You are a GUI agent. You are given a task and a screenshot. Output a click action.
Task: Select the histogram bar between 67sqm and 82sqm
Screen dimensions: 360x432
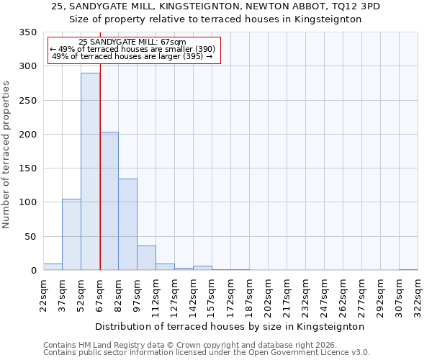click(x=109, y=202)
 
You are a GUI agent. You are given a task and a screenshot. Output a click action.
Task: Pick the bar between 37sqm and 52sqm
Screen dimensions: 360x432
click(x=71, y=235)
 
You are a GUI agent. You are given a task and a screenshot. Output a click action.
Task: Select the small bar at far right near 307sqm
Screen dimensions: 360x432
click(x=408, y=269)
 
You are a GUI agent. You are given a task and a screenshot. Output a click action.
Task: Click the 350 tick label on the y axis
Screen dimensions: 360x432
click(x=27, y=32)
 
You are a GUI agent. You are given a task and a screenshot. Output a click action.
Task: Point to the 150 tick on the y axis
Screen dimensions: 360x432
click(x=27, y=168)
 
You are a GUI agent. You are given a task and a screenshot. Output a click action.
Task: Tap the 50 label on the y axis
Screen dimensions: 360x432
click(x=30, y=236)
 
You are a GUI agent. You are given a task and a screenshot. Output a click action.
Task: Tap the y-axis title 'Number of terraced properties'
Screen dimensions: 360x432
click(x=6, y=155)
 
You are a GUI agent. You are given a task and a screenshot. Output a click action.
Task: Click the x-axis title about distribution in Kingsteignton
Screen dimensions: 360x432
click(x=230, y=326)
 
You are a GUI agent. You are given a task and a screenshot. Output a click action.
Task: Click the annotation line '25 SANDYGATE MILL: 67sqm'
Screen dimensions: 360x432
click(x=132, y=42)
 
